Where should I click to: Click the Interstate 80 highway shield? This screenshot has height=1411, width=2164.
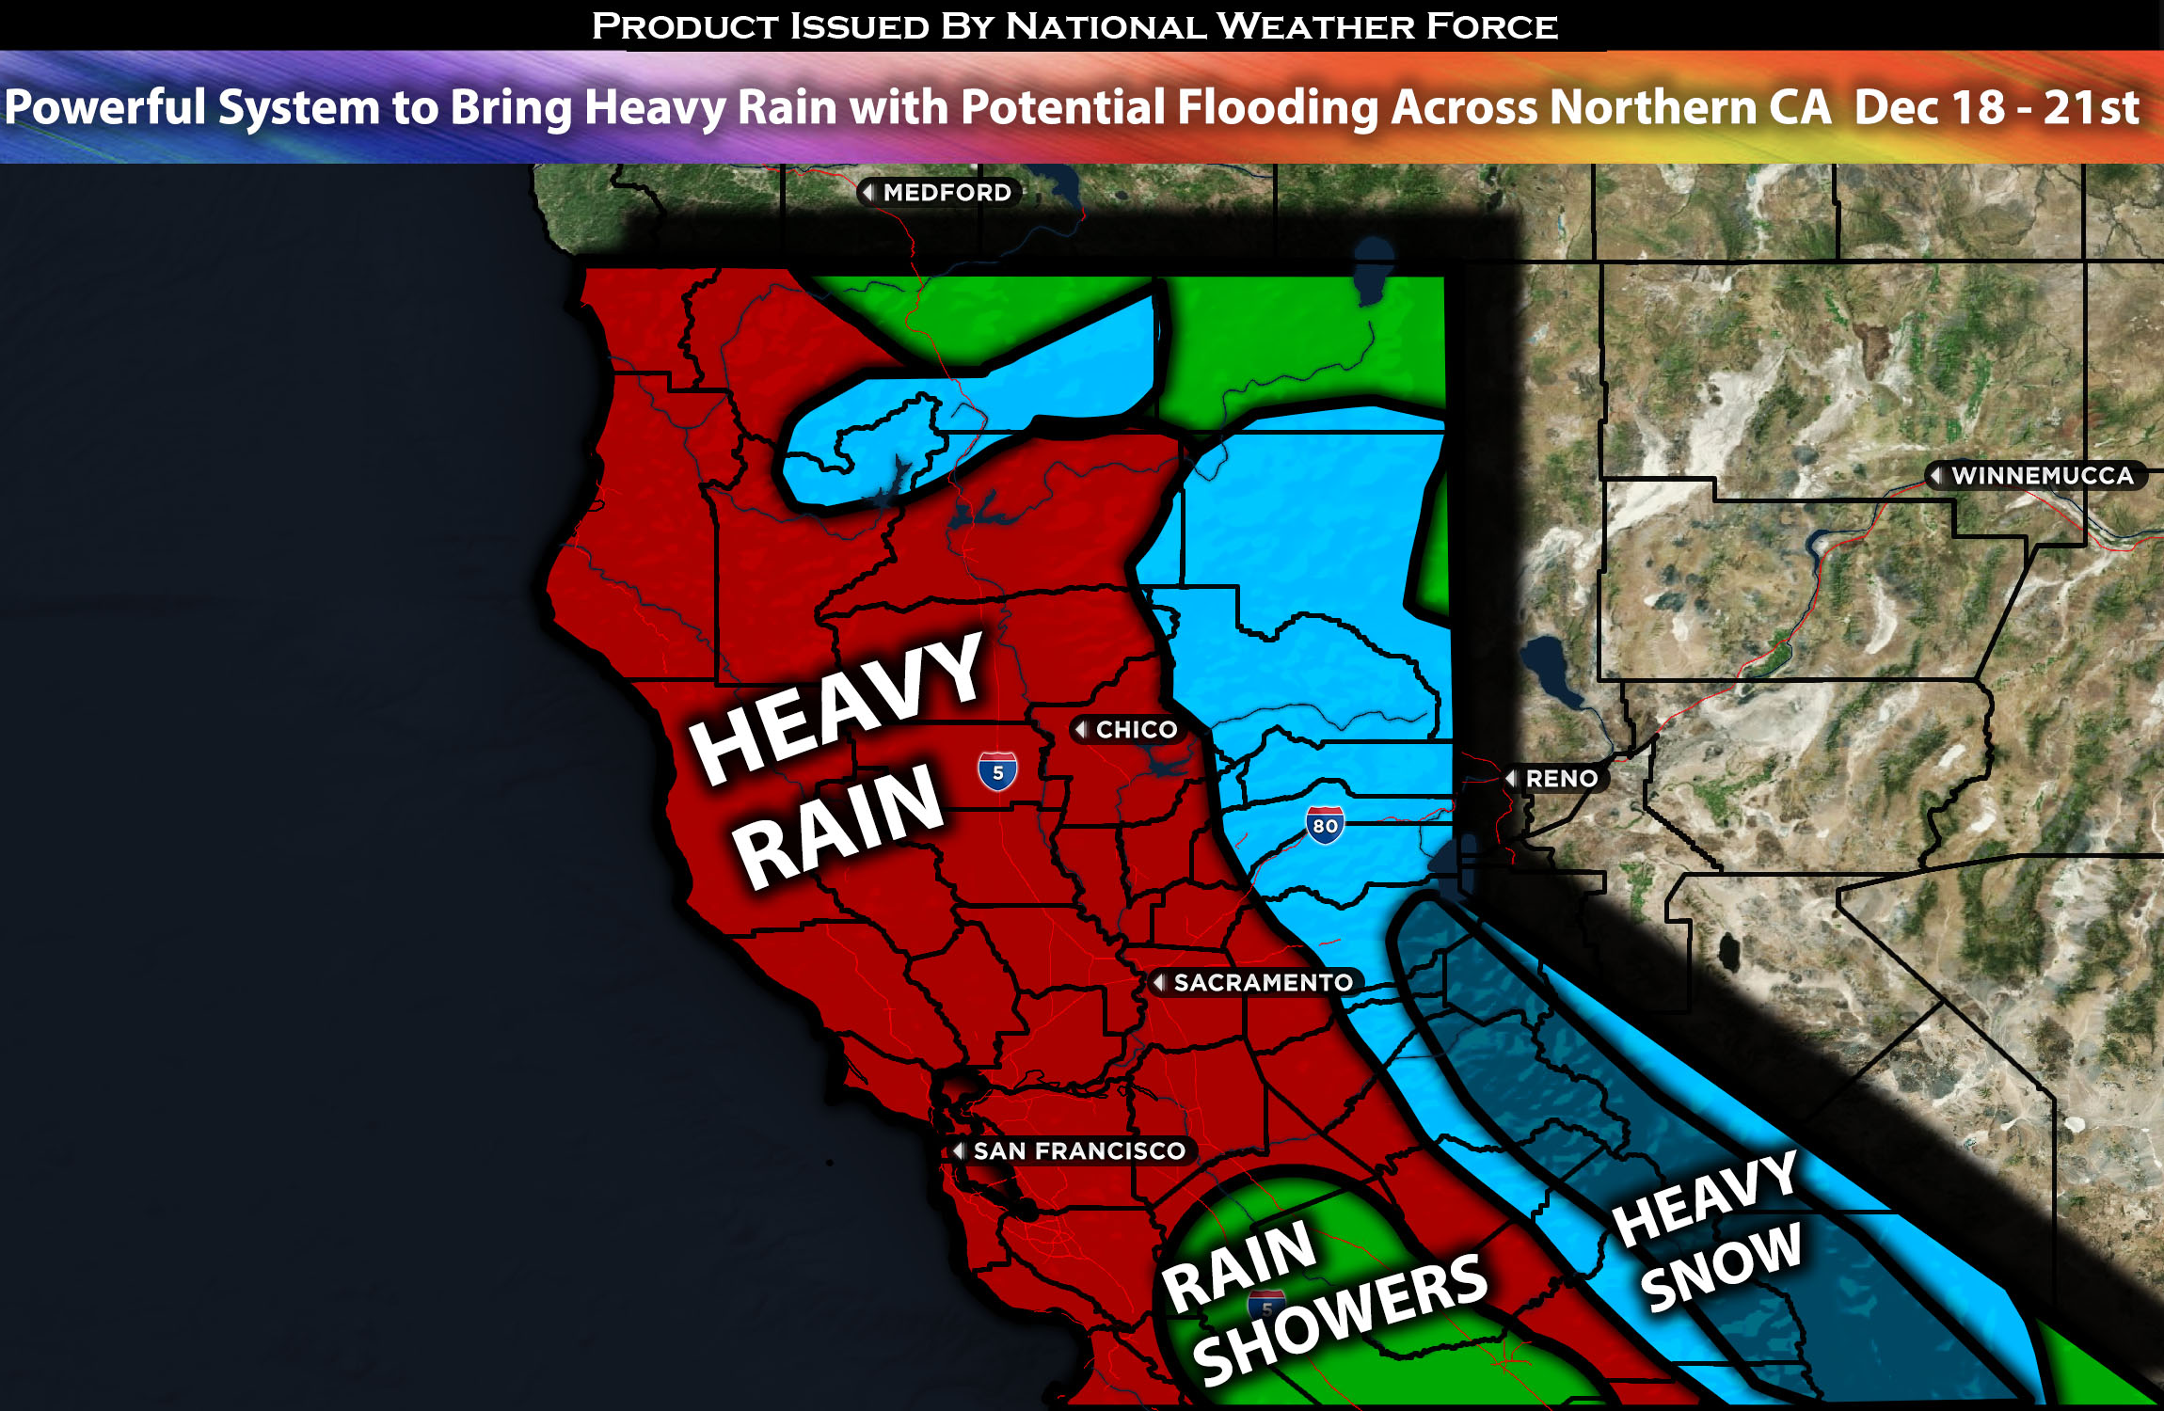pyautogui.click(x=1325, y=825)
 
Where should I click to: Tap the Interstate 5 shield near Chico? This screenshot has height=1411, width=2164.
pyautogui.click(x=997, y=771)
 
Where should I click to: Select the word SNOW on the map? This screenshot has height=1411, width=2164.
pyautogui.click(x=1721, y=1267)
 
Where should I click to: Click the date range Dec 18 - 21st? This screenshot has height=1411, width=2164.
pyautogui.click(x=1997, y=107)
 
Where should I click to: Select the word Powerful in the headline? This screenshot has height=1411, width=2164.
pyautogui.click(x=105, y=106)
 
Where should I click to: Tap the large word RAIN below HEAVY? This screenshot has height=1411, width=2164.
pyautogui.click(x=838, y=826)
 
